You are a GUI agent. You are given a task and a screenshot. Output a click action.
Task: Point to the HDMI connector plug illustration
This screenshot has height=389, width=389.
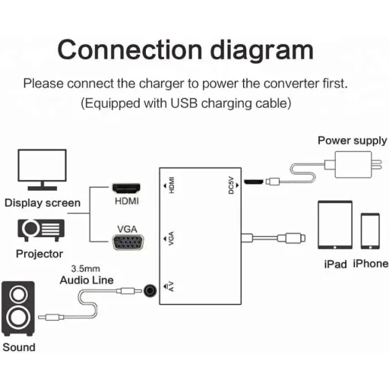(126, 187)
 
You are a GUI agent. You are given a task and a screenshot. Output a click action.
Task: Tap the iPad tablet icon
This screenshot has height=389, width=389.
(334, 226)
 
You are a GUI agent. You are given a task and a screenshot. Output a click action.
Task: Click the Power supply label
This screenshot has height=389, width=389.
(352, 141)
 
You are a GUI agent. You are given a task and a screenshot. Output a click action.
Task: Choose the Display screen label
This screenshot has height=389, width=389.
(42, 203)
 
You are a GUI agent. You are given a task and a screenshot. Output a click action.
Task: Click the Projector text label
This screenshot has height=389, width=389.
(40, 254)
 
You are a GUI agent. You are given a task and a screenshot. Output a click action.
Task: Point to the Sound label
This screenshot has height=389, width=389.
(19, 347)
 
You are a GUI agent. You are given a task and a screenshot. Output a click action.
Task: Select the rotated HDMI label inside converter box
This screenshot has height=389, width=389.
(172, 185)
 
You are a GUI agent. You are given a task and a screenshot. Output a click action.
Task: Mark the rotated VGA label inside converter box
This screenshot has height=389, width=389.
(172, 242)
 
